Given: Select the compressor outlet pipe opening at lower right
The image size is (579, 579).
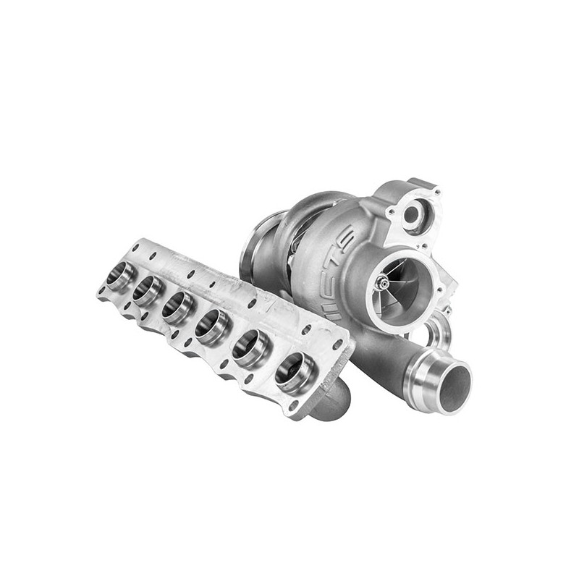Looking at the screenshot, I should [x=454, y=389].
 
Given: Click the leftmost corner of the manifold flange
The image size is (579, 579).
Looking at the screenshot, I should [x=99, y=293].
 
